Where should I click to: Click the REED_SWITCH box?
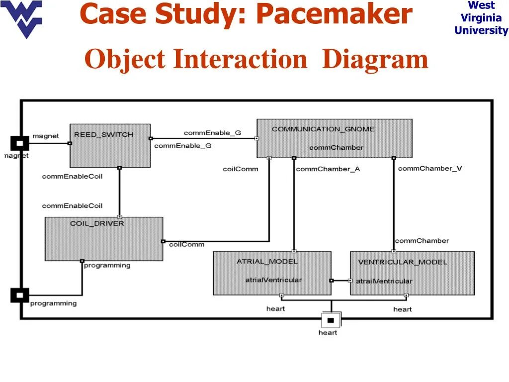click(110, 146)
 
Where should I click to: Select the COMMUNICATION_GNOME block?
click(334, 138)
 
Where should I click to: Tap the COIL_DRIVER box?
click(104, 239)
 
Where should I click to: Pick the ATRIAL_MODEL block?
click(272, 273)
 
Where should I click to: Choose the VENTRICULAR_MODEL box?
click(412, 273)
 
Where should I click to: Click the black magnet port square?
click(19, 143)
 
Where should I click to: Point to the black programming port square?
click(19, 295)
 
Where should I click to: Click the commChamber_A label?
click(328, 169)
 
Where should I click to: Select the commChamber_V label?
click(430, 169)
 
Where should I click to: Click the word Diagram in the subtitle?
click(375, 60)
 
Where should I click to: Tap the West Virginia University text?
click(481, 18)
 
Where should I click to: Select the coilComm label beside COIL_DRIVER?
click(186, 244)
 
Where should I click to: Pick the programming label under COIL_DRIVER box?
click(107, 265)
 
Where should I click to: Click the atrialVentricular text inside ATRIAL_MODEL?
click(273, 280)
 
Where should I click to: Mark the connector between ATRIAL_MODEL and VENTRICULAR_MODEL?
click(340, 281)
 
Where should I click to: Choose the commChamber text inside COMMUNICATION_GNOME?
click(336, 147)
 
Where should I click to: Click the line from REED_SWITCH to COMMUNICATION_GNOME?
click(204, 138)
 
